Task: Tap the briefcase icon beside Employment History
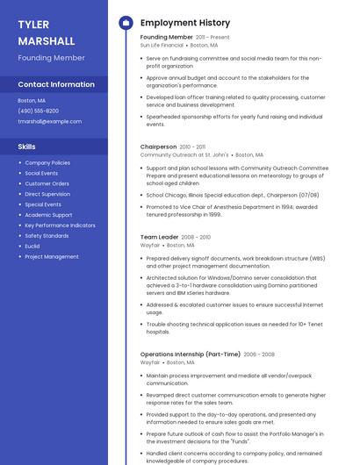tap(126, 23)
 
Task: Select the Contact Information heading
tap(56, 84)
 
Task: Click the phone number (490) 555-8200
tap(38, 111)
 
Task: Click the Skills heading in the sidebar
tap(27, 147)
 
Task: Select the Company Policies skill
tap(47, 162)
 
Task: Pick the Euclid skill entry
tap(33, 247)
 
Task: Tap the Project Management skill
tap(52, 257)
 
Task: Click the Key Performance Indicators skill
tap(60, 225)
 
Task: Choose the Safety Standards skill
tap(47, 236)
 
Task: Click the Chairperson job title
tap(158, 147)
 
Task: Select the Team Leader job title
tap(159, 237)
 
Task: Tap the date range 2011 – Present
tap(212, 37)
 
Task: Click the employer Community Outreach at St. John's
tap(184, 154)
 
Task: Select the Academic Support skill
tap(48, 215)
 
